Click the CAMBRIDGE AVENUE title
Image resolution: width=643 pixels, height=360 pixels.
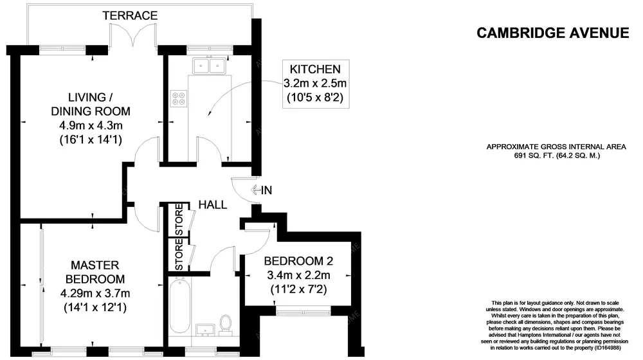pyautogui.click(x=552, y=33)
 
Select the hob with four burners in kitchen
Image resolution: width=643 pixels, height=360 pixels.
pyautogui.click(x=178, y=99)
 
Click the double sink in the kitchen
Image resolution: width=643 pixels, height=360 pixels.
pyautogui.click(x=208, y=65)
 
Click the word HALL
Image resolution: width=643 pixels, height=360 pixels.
pyautogui.click(x=212, y=205)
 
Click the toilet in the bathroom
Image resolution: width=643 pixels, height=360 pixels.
pyautogui.click(x=225, y=323)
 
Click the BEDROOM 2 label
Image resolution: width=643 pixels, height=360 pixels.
pyautogui.click(x=298, y=262)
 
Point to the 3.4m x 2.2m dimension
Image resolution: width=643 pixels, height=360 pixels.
pyautogui.click(x=298, y=276)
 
